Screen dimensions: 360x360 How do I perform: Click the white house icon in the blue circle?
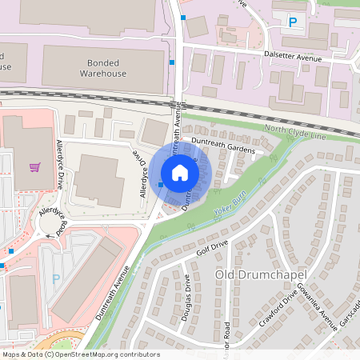[180, 172]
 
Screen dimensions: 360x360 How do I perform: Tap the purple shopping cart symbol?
[34, 167]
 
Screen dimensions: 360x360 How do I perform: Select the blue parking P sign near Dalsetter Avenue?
[292, 23]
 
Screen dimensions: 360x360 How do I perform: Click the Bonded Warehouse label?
[103, 68]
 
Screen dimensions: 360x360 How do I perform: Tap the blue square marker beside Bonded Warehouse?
[172, 62]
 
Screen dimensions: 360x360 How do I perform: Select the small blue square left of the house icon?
[161, 185]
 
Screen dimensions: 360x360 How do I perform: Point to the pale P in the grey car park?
[55, 278]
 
